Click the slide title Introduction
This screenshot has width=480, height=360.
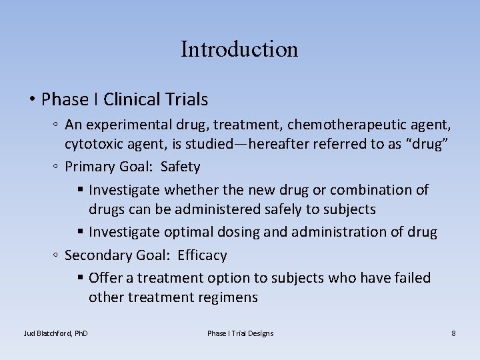[239, 49]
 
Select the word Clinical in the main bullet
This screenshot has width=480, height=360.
[131, 100]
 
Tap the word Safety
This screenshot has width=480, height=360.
[180, 167]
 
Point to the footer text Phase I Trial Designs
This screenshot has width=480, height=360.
[240, 333]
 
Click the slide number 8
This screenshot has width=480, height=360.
[453, 333]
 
